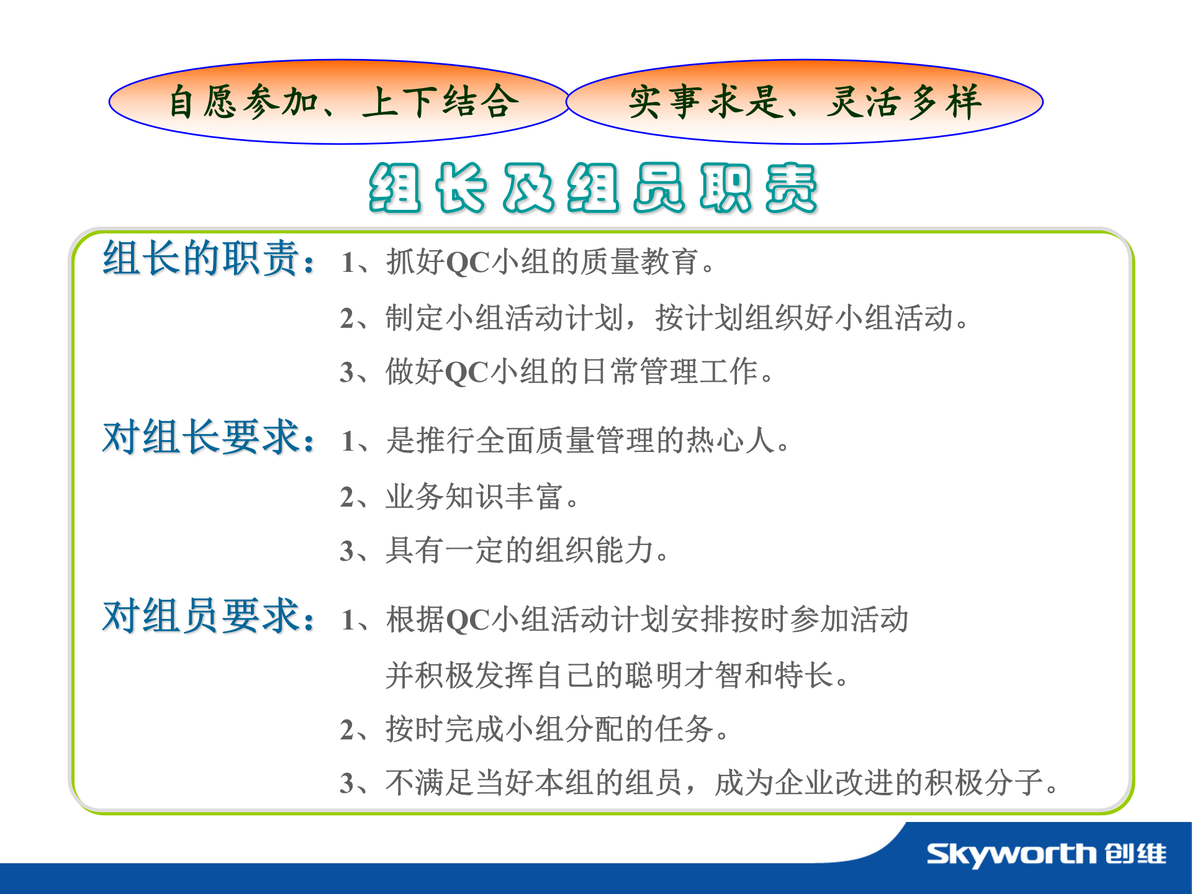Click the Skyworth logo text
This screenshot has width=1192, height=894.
click(1011, 855)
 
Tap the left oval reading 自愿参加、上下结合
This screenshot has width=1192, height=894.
click(339, 102)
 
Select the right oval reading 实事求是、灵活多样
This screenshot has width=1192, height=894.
click(805, 102)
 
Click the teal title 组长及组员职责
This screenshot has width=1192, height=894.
click(593, 188)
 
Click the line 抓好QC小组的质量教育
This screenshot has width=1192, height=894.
click(528, 261)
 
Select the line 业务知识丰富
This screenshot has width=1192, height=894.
click(459, 497)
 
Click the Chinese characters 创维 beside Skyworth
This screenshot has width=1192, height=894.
click(1136, 854)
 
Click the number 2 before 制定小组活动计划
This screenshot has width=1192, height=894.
click(347, 318)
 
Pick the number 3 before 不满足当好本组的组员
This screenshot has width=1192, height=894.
click(347, 783)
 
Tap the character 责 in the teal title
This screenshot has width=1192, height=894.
click(791, 188)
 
